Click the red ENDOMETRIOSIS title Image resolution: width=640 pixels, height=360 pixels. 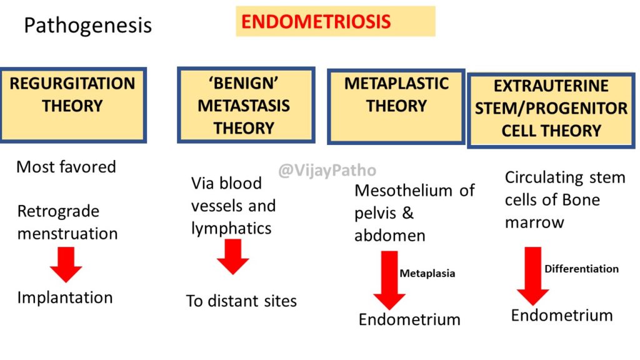point(316,22)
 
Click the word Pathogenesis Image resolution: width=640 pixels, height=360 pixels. point(87,25)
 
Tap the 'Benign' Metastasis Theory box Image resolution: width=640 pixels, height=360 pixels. point(246,105)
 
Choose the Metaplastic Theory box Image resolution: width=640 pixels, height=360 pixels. point(396,106)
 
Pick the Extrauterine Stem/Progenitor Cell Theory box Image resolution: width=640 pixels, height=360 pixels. point(551,110)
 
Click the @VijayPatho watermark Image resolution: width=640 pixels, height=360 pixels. point(327,170)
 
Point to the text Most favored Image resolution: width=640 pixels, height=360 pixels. point(66,167)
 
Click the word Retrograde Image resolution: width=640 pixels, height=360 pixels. point(58,211)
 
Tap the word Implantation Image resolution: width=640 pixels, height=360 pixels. point(65,297)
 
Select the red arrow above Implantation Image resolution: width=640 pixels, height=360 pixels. point(66,264)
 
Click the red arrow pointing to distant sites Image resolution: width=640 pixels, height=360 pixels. point(232,256)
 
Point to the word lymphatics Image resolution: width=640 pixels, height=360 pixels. point(231,229)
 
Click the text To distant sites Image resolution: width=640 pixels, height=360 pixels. point(241,301)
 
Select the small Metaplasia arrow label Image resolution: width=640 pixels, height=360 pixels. point(427,274)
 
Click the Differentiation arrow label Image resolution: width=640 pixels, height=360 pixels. point(582,269)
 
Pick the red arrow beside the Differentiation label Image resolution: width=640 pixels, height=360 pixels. point(533,276)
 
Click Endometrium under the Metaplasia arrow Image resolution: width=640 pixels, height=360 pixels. point(409,319)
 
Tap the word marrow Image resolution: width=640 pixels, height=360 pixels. point(534,223)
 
